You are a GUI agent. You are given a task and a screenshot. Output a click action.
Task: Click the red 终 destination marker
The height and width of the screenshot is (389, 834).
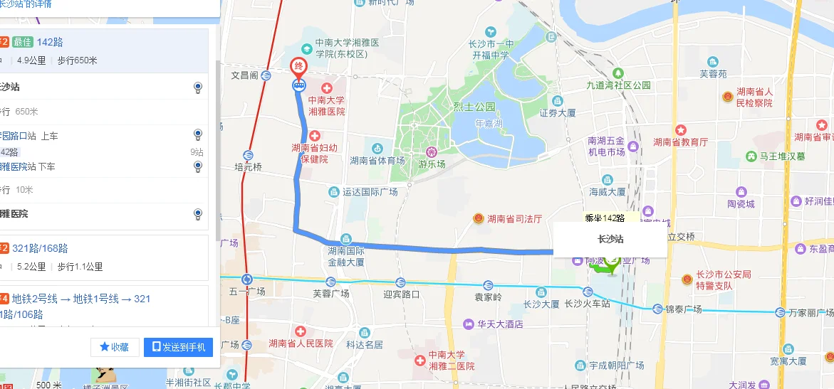(x=299, y=65)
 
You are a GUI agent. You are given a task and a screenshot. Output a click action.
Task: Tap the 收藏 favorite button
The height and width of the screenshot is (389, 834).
(x=115, y=347)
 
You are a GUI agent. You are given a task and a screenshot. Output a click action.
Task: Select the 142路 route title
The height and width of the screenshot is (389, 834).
(x=50, y=42)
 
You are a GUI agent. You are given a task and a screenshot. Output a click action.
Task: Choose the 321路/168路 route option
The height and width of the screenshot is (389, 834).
(x=40, y=248)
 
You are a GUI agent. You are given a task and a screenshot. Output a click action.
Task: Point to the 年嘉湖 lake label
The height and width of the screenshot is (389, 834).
(x=488, y=122)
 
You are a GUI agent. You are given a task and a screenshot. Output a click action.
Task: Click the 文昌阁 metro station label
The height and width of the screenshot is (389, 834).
(x=244, y=75)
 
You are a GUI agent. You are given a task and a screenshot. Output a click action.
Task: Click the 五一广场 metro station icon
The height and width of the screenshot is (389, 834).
(x=247, y=279)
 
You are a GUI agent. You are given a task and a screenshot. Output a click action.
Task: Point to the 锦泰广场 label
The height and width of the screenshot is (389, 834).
(x=683, y=309)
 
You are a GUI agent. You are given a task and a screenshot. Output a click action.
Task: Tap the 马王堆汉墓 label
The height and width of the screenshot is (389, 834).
(x=782, y=156)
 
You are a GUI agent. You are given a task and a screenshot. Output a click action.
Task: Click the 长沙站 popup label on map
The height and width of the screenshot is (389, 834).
(x=610, y=240)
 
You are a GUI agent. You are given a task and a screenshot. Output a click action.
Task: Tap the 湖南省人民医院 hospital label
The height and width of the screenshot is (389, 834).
(x=301, y=343)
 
